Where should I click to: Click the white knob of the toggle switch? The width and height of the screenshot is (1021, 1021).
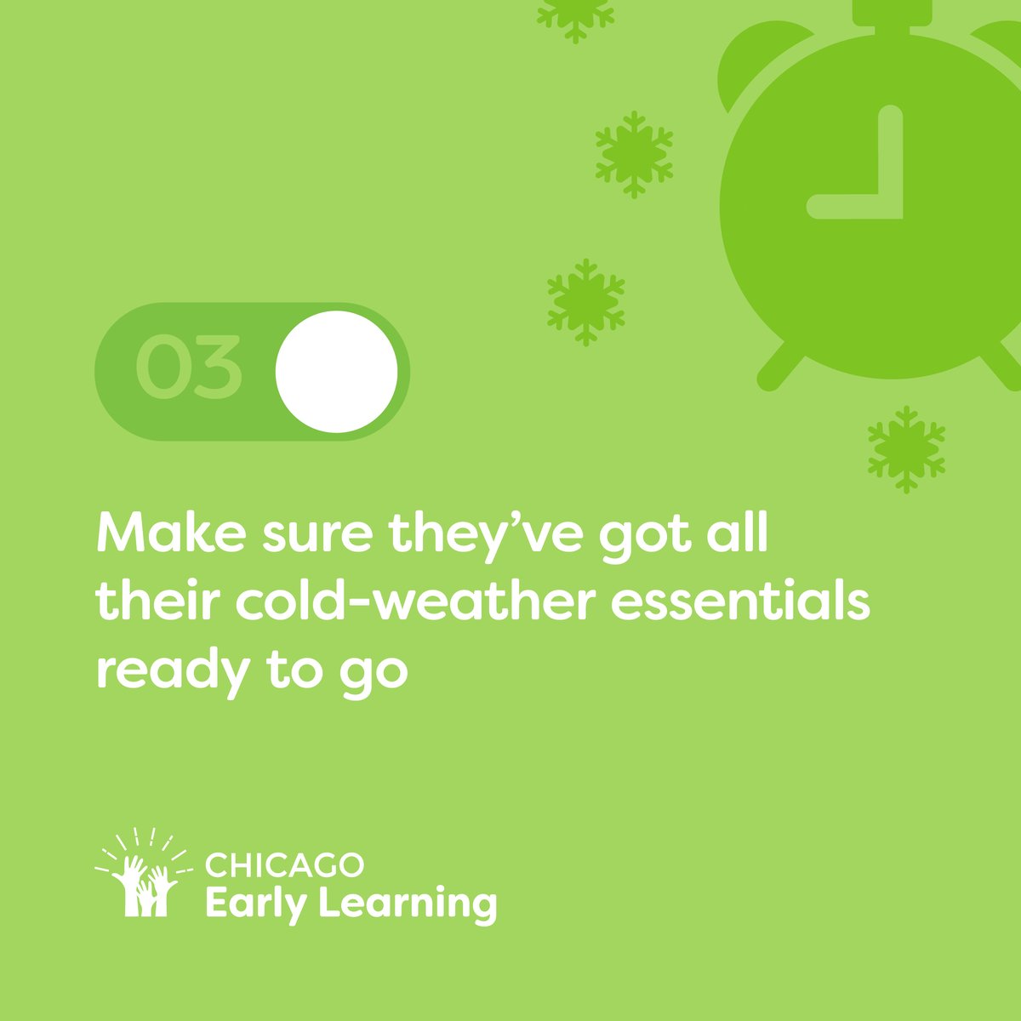point(336,371)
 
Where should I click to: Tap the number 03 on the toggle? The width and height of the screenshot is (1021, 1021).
point(188,370)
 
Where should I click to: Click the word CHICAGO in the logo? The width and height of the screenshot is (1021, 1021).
point(284,867)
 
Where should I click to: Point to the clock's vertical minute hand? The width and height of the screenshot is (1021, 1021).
point(890,153)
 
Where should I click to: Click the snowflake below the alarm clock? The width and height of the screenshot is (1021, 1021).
point(906,448)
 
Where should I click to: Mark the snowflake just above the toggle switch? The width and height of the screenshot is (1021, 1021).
point(585,301)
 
